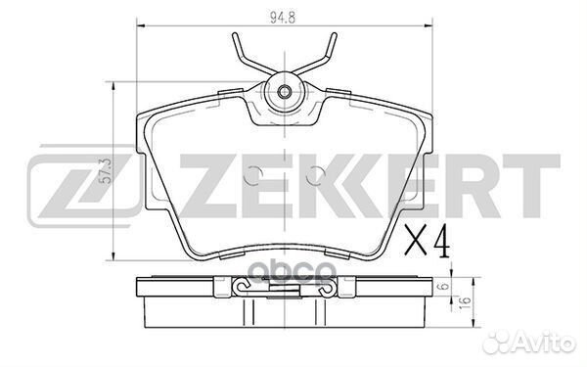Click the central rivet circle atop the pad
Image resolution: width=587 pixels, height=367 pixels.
click(x=284, y=94)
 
